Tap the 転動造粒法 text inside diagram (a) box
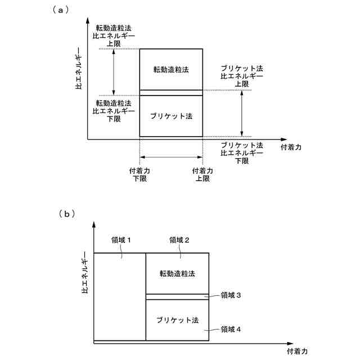point(170,70)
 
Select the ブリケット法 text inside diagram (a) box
point(170,116)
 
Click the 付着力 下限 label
point(139,175)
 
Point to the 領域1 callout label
point(120,240)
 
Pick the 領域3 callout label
point(231,295)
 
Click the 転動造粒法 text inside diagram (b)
point(177,273)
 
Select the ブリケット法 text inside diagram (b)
point(177,319)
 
